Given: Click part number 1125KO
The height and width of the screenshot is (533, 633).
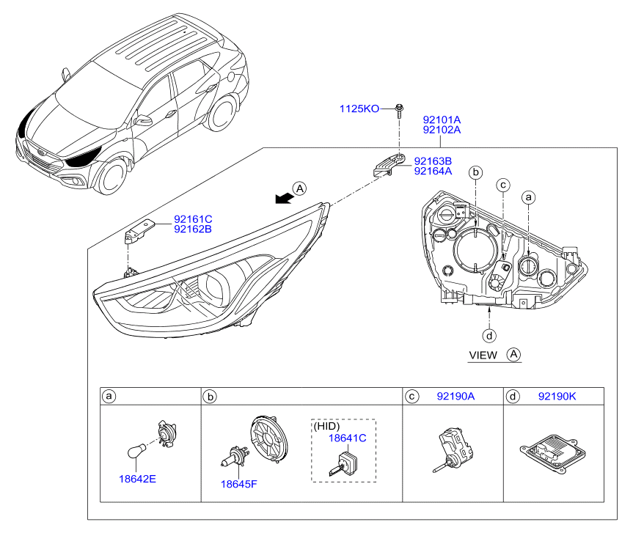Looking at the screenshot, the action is (x=359, y=109).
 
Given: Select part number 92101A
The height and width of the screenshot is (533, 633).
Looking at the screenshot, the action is (x=442, y=120).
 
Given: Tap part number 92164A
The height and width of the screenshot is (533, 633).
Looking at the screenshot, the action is (x=433, y=171).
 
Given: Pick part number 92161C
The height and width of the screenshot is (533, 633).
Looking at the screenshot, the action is (x=193, y=219).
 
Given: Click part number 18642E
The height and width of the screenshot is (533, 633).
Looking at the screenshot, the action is (x=137, y=479).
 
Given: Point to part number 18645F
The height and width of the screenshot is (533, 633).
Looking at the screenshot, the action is (x=238, y=484).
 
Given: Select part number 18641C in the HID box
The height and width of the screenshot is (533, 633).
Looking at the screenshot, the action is (x=347, y=438).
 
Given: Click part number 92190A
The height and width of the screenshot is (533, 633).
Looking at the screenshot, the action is (x=455, y=396).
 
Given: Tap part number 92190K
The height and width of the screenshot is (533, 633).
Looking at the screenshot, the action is (x=557, y=396).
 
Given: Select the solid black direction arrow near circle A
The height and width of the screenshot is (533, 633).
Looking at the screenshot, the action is (x=284, y=198).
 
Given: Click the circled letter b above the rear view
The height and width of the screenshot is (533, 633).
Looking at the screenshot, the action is (x=476, y=172).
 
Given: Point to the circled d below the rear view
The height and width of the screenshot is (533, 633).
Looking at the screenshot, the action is (x=489, y=336).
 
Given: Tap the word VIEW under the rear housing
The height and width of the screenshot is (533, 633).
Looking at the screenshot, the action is (x=483, y=356).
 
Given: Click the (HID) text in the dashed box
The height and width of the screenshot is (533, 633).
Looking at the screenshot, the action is (x=326, y=426).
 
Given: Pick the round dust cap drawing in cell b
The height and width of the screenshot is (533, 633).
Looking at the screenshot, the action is (x=269, y=439).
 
